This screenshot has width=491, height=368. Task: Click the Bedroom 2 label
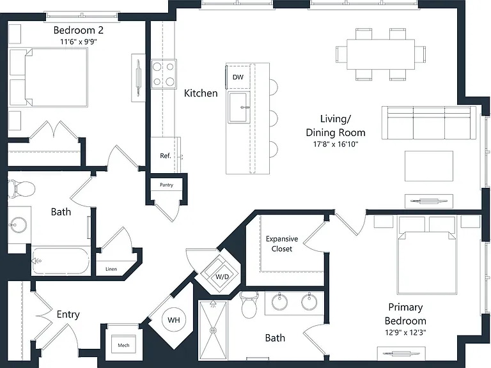pos(78,31)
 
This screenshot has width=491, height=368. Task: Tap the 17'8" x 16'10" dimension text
pos(336,144)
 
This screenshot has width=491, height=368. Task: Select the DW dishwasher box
pos(238,77)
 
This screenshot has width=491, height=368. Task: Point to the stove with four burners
pos(164,74)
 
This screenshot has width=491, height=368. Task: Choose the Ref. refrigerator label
pos(166,155)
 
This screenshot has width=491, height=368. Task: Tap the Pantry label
pos(166,185)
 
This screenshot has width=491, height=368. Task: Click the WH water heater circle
pos(174,320)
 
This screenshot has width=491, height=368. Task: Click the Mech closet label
pos(123,345)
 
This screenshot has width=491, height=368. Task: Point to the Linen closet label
pos(111,269)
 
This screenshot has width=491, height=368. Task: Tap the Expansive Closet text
pos(282,244)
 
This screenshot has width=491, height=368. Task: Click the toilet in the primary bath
pos(249,305)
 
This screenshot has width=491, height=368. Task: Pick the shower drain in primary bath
pos(214,330)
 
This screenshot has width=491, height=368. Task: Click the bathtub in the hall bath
pos(61,261)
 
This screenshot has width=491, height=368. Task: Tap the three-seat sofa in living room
pos(429,123)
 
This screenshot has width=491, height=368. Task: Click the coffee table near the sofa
pos(429,166)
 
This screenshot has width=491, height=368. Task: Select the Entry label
pos(68,314)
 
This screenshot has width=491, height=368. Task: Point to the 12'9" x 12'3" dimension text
pos(405,332)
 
